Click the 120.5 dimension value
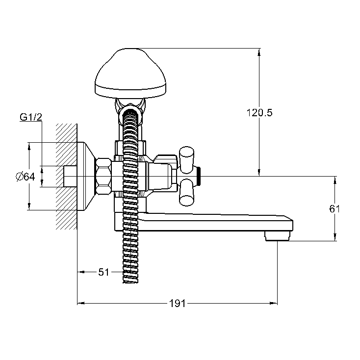(259, 113)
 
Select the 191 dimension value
(177, 304)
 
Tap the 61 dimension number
(334, 209)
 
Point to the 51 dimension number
(103, 272)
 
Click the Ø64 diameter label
(25, 177)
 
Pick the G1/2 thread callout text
(31, 117)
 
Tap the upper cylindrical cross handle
(187, 159)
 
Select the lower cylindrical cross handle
(186, 192)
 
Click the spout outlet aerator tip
(277, 236)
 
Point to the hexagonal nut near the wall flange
(103, 177)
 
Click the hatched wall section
(66, 177)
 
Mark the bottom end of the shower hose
(130, 282)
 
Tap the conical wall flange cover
(86, 177)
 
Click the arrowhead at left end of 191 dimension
(80, 303)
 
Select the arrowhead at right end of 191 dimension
(274, 303)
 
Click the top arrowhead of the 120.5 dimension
(259, 52)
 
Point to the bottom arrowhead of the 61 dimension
(335, 237)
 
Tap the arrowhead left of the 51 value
(81, 272)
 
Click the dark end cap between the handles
(199, 177)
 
